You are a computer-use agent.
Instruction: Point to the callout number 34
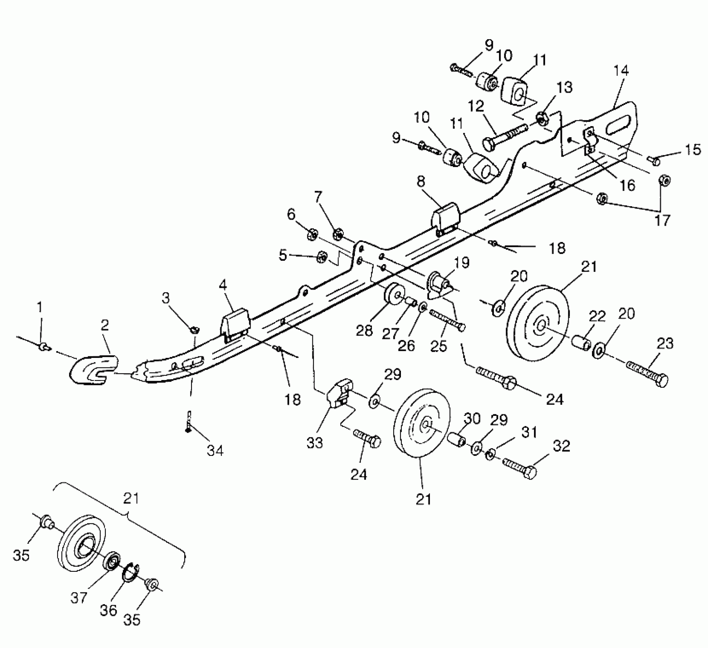pyautogui.click(x=215, y=451)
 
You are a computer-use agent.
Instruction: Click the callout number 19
pyautogui.click(x=462, y=263)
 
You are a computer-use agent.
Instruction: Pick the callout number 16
pyautogui.click(x=628, y=186)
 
